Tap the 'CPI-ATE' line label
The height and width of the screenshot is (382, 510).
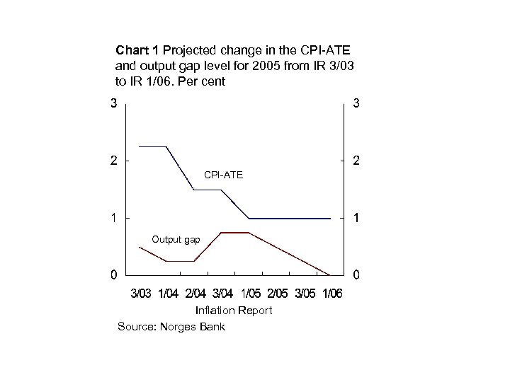(x=223, y=174)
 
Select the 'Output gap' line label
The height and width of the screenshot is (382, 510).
(x=176, y=240)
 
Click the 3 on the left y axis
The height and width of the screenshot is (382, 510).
(x=113, y=104)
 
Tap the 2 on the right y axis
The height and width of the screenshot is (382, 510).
(x=356, y=161)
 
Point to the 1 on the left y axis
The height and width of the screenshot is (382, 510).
(x=113, y=218)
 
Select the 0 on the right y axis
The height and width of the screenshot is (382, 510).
(x=356, y=274)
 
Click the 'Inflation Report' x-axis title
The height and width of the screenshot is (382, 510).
(x=233, y=311)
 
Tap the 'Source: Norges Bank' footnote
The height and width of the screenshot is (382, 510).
(x=171, y=326)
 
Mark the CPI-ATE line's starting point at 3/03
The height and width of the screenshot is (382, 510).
(x=140, y=146)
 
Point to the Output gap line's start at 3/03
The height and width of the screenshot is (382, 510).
(x=140, y=247)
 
